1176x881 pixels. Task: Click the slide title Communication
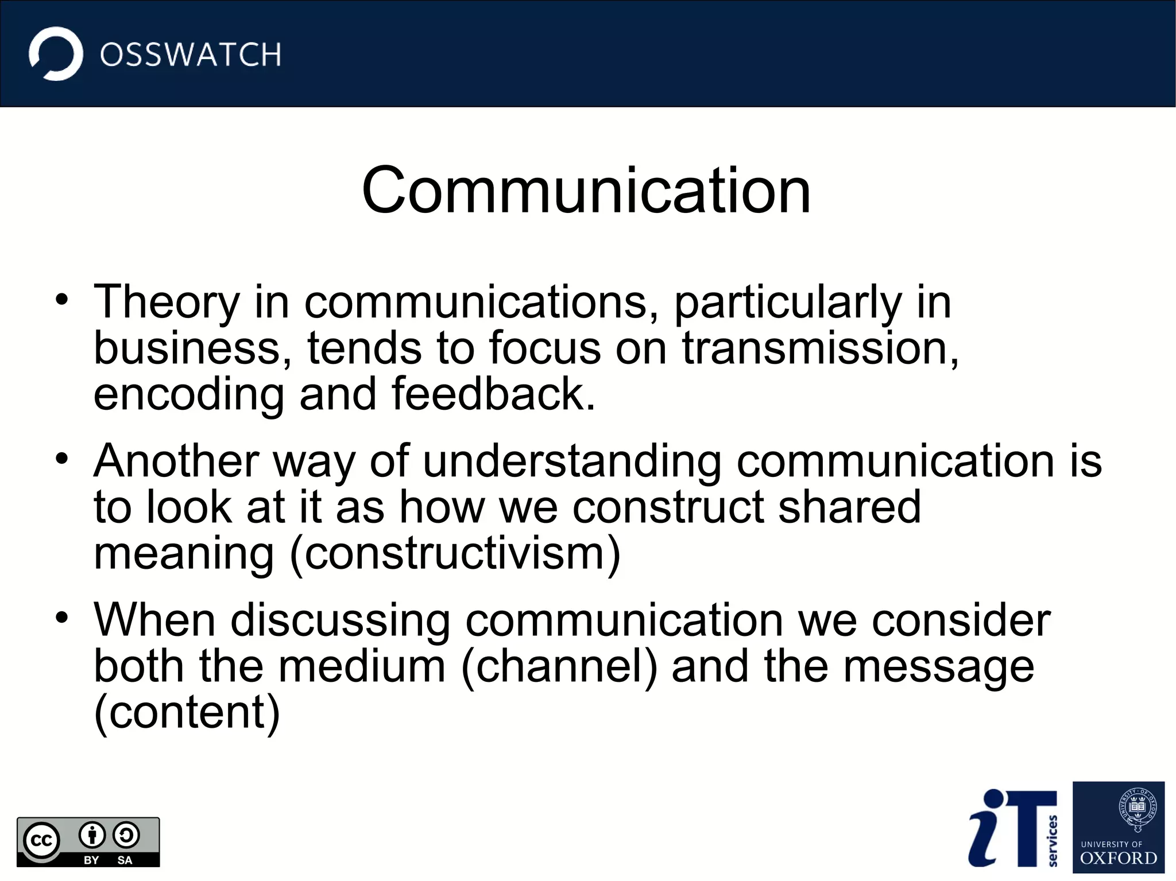(586, 190)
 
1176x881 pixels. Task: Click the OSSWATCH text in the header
(190, 55)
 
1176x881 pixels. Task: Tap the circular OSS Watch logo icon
(56, 54)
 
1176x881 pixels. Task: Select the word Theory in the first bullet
(167, 302)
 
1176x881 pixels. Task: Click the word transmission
(819, 348)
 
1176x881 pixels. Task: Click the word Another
(176, 461)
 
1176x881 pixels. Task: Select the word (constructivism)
(455, 554)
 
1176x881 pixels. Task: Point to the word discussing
(341, 621)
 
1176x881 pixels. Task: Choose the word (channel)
(559, 667)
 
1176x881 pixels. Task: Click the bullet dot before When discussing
(62, 618)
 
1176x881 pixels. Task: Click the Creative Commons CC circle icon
(41, 841)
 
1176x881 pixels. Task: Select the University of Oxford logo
(1118, 827)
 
